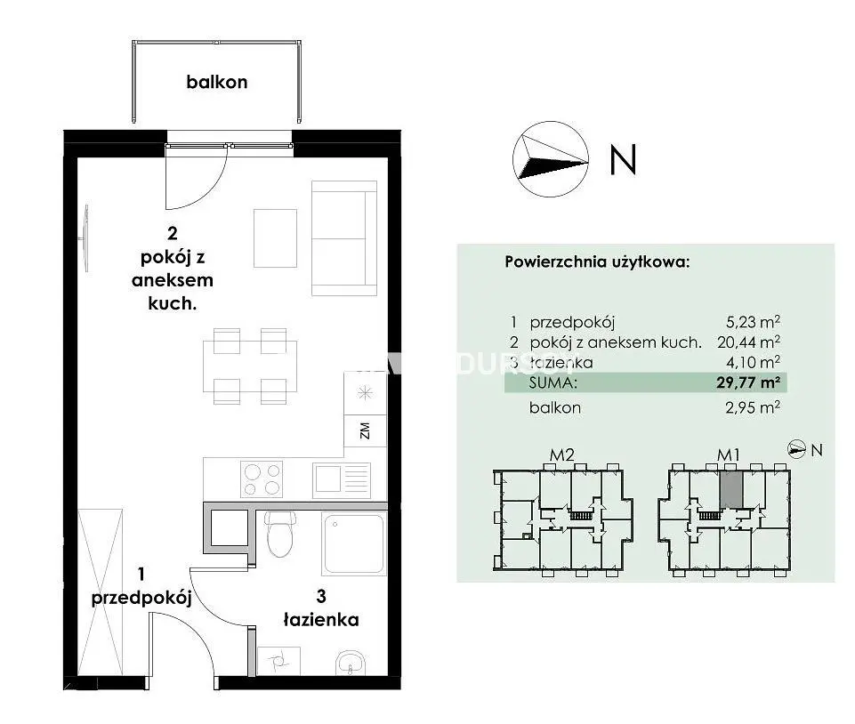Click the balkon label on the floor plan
pyautogui.click(x=217, y=82)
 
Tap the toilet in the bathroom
pyautogui.click(x=280, y=535)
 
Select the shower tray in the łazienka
pyautogui.click(x=353, y=543)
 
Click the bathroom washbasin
pyautogui.click(x=350, y=662)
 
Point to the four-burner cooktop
pyautogui.click(x=262, y=479)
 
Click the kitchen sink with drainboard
pyautogui.click(x=342, y=479)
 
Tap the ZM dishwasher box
pyautogui.click(x=366, y=430)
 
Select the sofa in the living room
pyautogui.click(x=344, y=238)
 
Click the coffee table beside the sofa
pyautogui.click(x=276, y=238)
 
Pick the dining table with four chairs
pyautogui.click(x=250, y=366)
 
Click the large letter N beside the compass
pyautogui.click(x=624, y=160)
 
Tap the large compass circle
pyautogui.click(x=550, y=158)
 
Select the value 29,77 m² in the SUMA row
pyautogui.click(x=748, y=382)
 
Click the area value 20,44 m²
pyautogui.click(x=748, y=342)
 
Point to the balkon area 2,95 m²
pyautogui.click(x=753, y=407)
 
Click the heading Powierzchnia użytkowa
pyautogui.click(x=597, y=261)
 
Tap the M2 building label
pyautogui.click(x=561, y=455)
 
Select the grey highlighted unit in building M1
pyautogui.click(x=731, y=489)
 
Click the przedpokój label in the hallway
pyautogui.click(x=141, y=598)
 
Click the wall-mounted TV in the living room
pyautogui.click(x=85, y=238)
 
